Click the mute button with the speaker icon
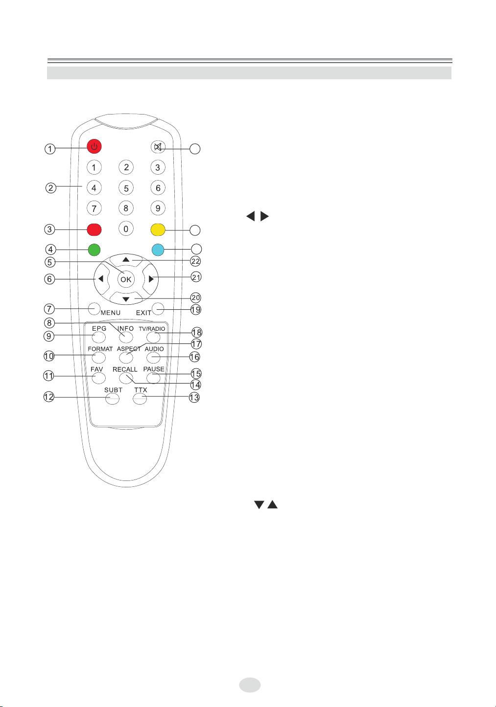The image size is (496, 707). pyautogui.click(x=158, y=147)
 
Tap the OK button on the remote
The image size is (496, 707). pyautogui.click(x=126, y=279)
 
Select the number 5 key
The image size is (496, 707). pyautogui.click(x=126, y=188)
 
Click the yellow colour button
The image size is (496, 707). pyautogui.click(x=158, y=230)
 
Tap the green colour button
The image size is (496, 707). pyautogui.click(x=94, y=250)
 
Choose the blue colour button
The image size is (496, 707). pyautogui.click(x=158, y=250)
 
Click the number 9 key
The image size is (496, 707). pyautogui.click(x=158, y=208)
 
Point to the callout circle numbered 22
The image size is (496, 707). pyautogui.click(x=195, y=261)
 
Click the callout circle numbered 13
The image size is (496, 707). pyautogui.click(x=194, y=397)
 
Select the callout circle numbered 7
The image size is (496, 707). pyautogui.click(x=49, y=309)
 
